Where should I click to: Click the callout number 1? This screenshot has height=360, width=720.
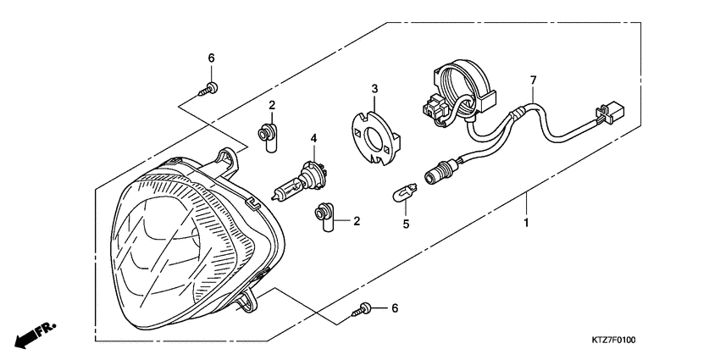(x=526, y=224)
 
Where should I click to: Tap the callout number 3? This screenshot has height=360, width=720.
(x=374, y=88)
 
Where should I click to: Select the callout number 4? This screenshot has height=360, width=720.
(x=313, y=137)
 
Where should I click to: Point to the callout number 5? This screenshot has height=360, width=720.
(x=406, y=224)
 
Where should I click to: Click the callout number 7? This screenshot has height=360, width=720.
(x=533, y=80)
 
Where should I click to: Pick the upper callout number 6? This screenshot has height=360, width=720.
(x=212, y=58)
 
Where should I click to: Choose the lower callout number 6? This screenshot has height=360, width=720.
(x=394, y=309)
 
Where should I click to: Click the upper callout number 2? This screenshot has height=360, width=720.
(x=273, y=105)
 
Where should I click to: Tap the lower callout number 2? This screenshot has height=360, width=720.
(x=357, y=221)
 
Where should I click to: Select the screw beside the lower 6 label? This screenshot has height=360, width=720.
(x=363, y=310)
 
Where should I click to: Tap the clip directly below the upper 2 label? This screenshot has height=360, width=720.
(x=269, y=136)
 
